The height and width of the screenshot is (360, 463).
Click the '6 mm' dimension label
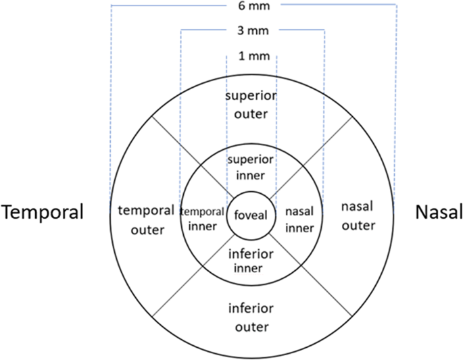point(251,5)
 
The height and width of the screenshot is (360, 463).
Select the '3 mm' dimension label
point(251,31)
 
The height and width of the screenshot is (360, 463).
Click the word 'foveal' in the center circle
point(251,216)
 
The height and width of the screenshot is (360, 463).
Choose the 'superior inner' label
point(251,168)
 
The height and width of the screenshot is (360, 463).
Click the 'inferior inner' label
point(251,262)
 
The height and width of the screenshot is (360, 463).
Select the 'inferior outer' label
point(251,317)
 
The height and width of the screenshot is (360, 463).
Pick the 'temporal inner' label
point(203,217)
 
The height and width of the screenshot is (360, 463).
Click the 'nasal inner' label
point(299,220)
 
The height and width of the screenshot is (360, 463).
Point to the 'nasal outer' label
point(358,215)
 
